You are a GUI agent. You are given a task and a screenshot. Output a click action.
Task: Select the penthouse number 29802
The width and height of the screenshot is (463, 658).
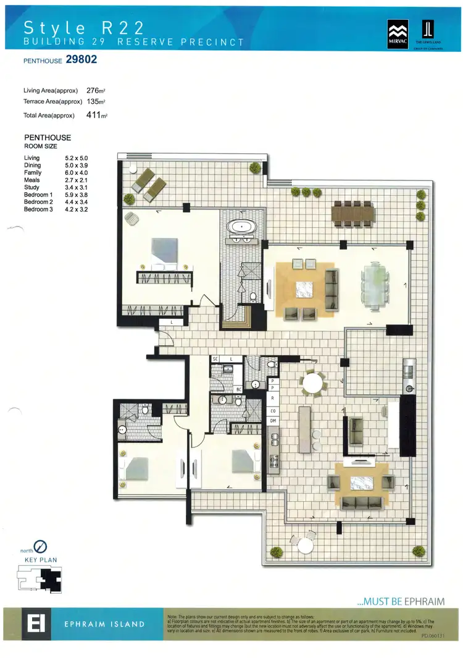(x=77, y=61)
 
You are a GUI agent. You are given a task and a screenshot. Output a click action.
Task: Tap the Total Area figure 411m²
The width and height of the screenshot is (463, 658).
(x=96, y=115)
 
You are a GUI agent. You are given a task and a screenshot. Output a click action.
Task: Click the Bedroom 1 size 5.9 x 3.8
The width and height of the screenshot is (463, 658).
(x=77, y=195)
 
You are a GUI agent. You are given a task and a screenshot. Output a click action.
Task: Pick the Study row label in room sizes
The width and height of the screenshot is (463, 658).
(x=31, y=187)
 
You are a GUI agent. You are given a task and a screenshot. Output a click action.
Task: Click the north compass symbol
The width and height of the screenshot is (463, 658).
(x=41, y=546)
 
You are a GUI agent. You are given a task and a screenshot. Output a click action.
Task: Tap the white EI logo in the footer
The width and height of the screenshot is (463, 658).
(x=28, y=623)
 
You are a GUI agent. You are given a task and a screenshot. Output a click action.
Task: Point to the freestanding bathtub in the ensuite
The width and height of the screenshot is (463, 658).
(x=241, y=227)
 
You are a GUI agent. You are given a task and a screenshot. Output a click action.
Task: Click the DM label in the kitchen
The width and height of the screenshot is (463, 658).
(x=272, y=421)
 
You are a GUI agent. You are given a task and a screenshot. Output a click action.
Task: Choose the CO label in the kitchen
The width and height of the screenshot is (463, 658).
(x=272, y=410)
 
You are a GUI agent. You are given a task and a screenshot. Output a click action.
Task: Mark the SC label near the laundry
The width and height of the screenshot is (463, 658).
(x=216, y=358)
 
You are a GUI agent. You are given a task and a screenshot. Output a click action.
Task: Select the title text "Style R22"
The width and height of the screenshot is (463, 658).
(x=84, y=27)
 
